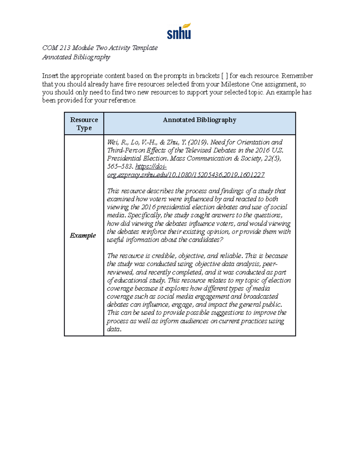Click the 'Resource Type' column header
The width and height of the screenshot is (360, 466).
click(84, 124)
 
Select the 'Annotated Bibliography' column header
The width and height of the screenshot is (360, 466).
click(199, 120)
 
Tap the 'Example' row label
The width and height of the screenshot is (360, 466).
click(83, 236)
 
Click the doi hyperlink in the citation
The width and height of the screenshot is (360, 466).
click(186, 175)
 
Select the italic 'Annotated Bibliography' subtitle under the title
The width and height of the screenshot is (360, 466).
click(76, 57)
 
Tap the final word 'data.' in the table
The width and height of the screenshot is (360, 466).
click(114, 329)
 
